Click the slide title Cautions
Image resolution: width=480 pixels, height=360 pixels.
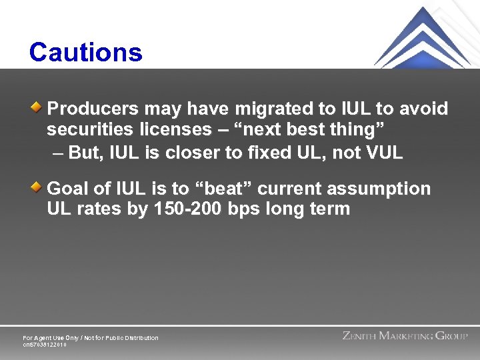(85, 53)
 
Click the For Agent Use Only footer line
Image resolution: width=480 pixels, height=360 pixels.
(91, 338)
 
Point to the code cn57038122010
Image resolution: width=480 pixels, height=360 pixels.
(45, 345)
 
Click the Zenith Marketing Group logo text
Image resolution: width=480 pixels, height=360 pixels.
(405, 336)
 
